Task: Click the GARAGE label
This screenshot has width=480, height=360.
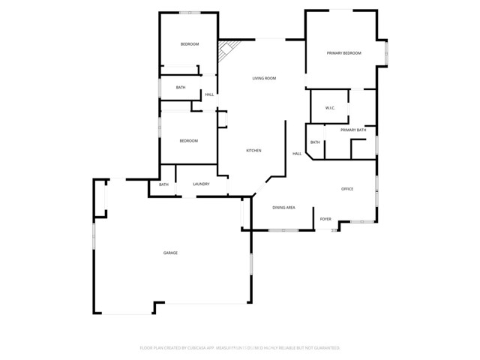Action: (x=171, y=253)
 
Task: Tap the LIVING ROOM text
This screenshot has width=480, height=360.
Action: (x=264, y=78)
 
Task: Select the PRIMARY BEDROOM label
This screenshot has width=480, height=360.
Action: (x=343, y=53)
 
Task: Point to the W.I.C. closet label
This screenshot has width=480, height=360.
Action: (x=330, y=109)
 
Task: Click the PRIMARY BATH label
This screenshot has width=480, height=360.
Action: (x=353, y=130)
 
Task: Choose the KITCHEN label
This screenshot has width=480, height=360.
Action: (x=254, y=151)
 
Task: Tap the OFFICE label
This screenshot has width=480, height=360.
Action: (x=347, y=189)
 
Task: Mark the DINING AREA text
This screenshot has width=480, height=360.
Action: (x=283, y=207)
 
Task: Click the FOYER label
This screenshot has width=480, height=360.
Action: (x=325, y=219)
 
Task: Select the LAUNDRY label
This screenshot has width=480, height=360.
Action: (x=200, y=184)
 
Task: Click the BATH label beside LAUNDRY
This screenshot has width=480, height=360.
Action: (x=163, y=184)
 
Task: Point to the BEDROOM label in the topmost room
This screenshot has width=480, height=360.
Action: (x=190, y=44)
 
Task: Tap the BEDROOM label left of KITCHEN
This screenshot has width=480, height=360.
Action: (x=188, y=141)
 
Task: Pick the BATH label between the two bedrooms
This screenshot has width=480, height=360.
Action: (x=181, y=88)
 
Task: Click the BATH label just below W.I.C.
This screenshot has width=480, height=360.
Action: (x=315, y=142)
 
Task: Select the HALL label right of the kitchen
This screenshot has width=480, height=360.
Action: (x=297, y=154)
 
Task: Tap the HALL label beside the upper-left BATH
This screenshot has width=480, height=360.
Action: (x=209, y=94)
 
